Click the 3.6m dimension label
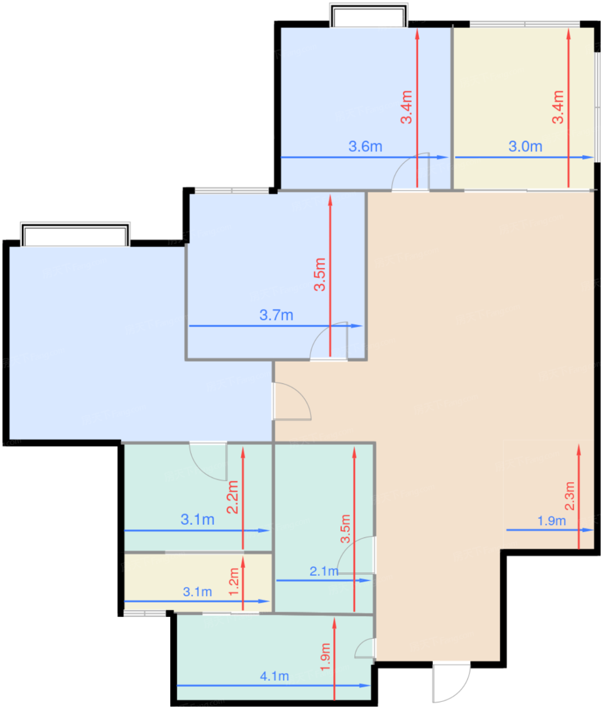[x=366, y=146]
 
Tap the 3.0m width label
[x=525, y=146]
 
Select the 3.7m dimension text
[x=276, y=315]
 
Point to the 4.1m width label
[x=274, y=676]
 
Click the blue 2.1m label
[x=324, y=571]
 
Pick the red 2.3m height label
[x=570, y=496]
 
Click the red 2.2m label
[x=232, y=497]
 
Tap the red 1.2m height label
[x=233, y=582]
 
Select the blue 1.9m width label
[x=551, y=521]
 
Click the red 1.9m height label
[x=325, y=657]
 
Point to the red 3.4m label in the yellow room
[x=558, y=107]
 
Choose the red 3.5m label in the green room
[x=345, y=528]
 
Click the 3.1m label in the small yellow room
[x=197, y=592]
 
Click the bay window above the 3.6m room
[x=369, y=16]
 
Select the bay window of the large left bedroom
[x=75, y=234]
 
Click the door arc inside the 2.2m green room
[x=200, y=468]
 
